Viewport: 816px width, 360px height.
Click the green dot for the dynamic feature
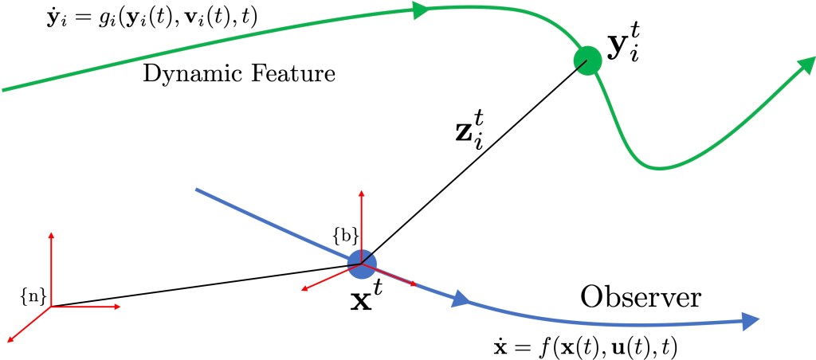(587, 60)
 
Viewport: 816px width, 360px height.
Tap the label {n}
(32, 296)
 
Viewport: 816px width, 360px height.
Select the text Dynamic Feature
(239, 76)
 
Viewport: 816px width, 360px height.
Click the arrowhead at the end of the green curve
(803, 68)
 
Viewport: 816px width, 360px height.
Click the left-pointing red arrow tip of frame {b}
(304, 289)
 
